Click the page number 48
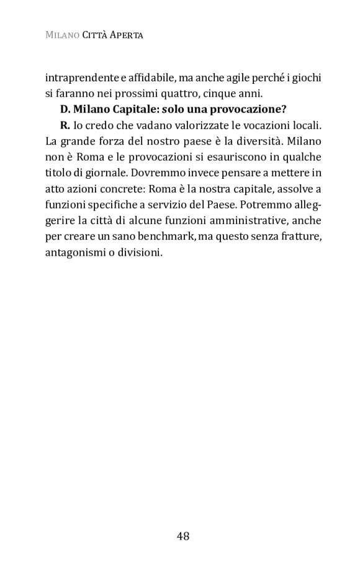[182, 536]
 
